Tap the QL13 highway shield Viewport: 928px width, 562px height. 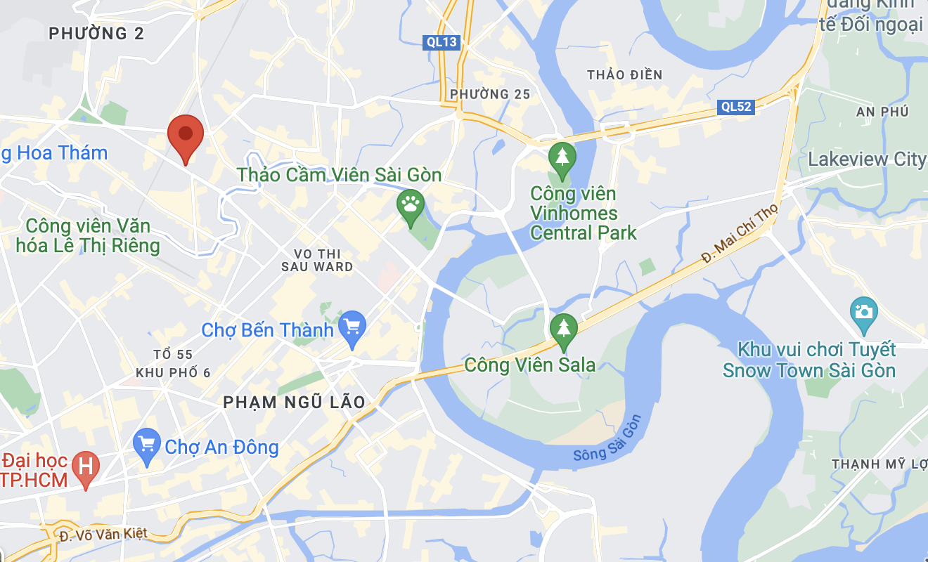pos(442,42)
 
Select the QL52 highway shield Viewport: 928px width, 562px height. pos(736,107)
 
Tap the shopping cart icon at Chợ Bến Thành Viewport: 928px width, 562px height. pos(352,327)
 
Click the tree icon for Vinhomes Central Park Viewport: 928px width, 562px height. pos(562,157)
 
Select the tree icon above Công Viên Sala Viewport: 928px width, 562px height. pos(563,329)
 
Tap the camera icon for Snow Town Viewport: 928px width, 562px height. pos(863,311)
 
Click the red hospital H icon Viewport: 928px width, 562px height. pos(86,466)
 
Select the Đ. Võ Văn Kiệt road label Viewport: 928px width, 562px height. pos(104,535)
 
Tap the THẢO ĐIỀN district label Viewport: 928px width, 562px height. pos(625,75)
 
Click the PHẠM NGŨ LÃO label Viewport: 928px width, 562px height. pos(294,403)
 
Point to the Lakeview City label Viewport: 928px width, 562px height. pos(867,159)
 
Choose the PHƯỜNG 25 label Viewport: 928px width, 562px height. pos(490,94)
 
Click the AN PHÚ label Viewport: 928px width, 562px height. pos(882,112)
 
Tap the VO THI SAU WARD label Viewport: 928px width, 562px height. pos(317,260)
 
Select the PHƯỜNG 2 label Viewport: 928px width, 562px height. pos(96,34)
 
